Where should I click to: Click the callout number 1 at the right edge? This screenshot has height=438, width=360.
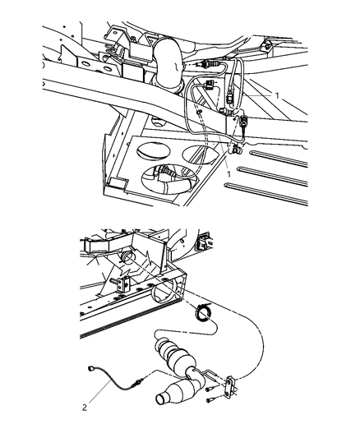[277, 95]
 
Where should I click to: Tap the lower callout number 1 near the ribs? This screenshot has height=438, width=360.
[228, 174]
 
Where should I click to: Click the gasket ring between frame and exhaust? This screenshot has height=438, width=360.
[203, 313]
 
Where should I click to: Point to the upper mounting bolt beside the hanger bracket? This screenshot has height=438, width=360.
[210, 389]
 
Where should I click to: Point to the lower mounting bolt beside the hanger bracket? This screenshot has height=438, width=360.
[210, 400]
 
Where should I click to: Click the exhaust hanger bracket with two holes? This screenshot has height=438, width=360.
[231, 385]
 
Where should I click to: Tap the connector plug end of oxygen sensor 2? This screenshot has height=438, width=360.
[90, 368]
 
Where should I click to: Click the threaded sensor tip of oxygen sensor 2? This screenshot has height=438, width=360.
[140, 381]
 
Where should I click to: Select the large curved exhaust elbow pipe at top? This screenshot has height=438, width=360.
[168, 66]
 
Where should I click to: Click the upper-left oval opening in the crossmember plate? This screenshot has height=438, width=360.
[153, 151]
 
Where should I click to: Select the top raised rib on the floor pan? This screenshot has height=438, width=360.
[279, 159]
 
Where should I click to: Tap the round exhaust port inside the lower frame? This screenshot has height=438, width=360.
[127, 256]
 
